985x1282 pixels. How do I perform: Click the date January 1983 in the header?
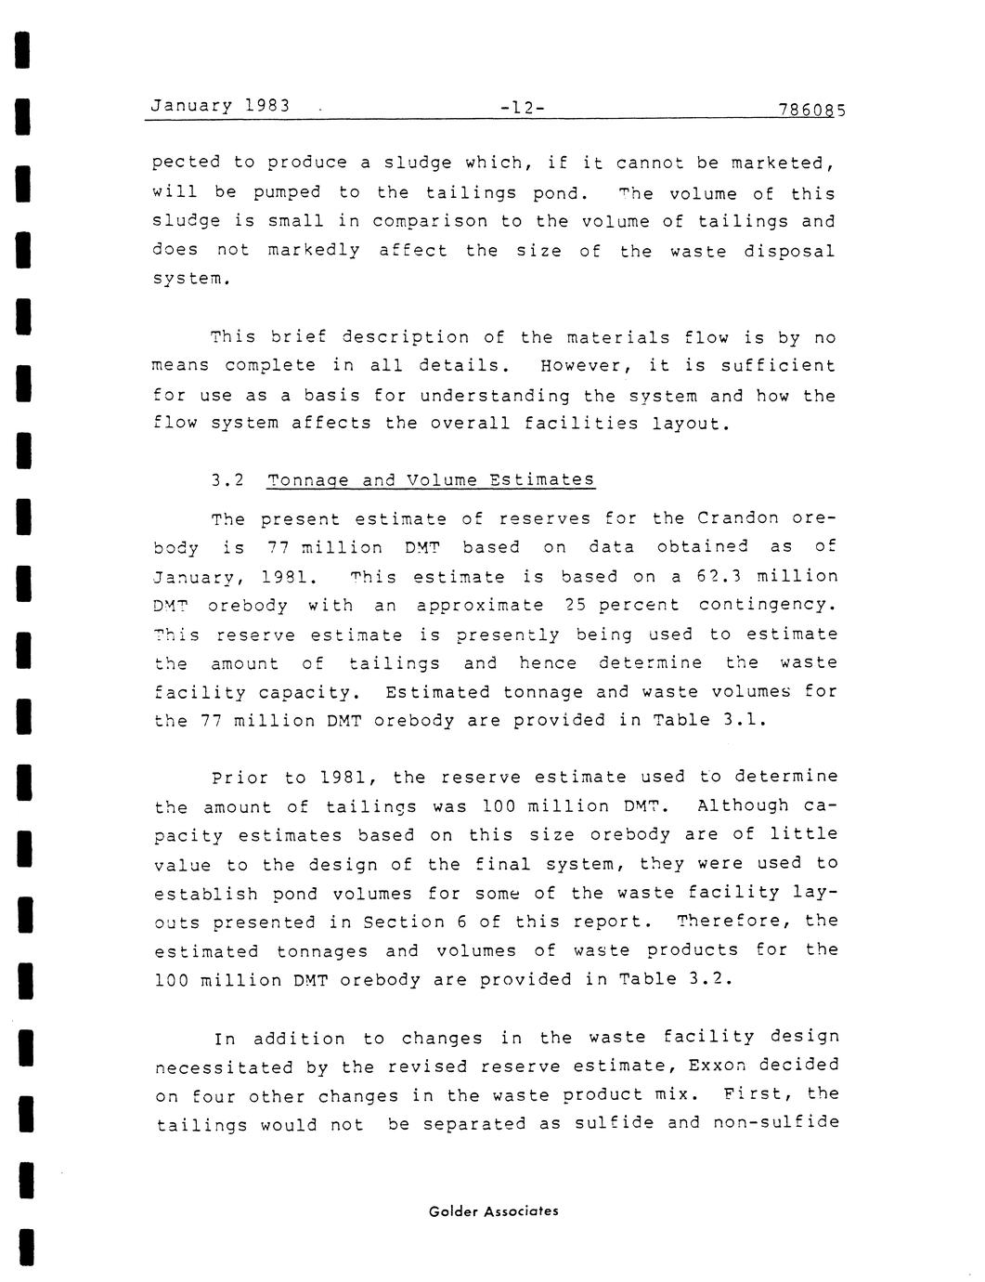tap(220, 105)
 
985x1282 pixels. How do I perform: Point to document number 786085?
tap(812, 110)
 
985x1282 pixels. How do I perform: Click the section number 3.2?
tap(227, 480)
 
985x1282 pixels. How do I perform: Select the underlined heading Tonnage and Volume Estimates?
tap(431, 480)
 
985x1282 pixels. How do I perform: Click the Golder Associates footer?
tap(494, 1210)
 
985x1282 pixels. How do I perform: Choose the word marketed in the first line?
tap(782, 164)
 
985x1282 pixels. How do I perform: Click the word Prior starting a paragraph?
tap(238, 778)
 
